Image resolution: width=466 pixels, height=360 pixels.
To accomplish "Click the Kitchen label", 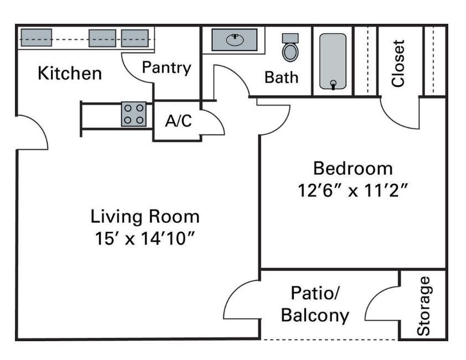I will [70, 73].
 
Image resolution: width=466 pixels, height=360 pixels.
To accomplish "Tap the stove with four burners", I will [134, 114].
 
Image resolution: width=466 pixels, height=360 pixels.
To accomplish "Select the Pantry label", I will [167, 67].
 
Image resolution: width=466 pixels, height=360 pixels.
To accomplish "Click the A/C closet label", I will [178, 121].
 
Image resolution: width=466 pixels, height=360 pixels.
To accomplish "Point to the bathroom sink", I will [235, 40].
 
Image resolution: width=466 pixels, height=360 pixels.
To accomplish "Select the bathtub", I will [333, 62].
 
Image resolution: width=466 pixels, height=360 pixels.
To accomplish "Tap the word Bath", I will [281, 77].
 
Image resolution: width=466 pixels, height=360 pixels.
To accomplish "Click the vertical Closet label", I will [398, 63].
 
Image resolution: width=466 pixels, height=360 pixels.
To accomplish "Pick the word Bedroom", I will [353, 168].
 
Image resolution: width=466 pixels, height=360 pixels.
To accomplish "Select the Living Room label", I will [145, 216].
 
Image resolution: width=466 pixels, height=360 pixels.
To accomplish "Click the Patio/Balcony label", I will [315, 304].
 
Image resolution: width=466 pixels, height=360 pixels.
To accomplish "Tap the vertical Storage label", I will [423, 306].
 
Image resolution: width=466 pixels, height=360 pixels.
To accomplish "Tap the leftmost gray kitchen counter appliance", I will [37, 38].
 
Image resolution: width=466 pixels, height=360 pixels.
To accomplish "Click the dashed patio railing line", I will [329, 339].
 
